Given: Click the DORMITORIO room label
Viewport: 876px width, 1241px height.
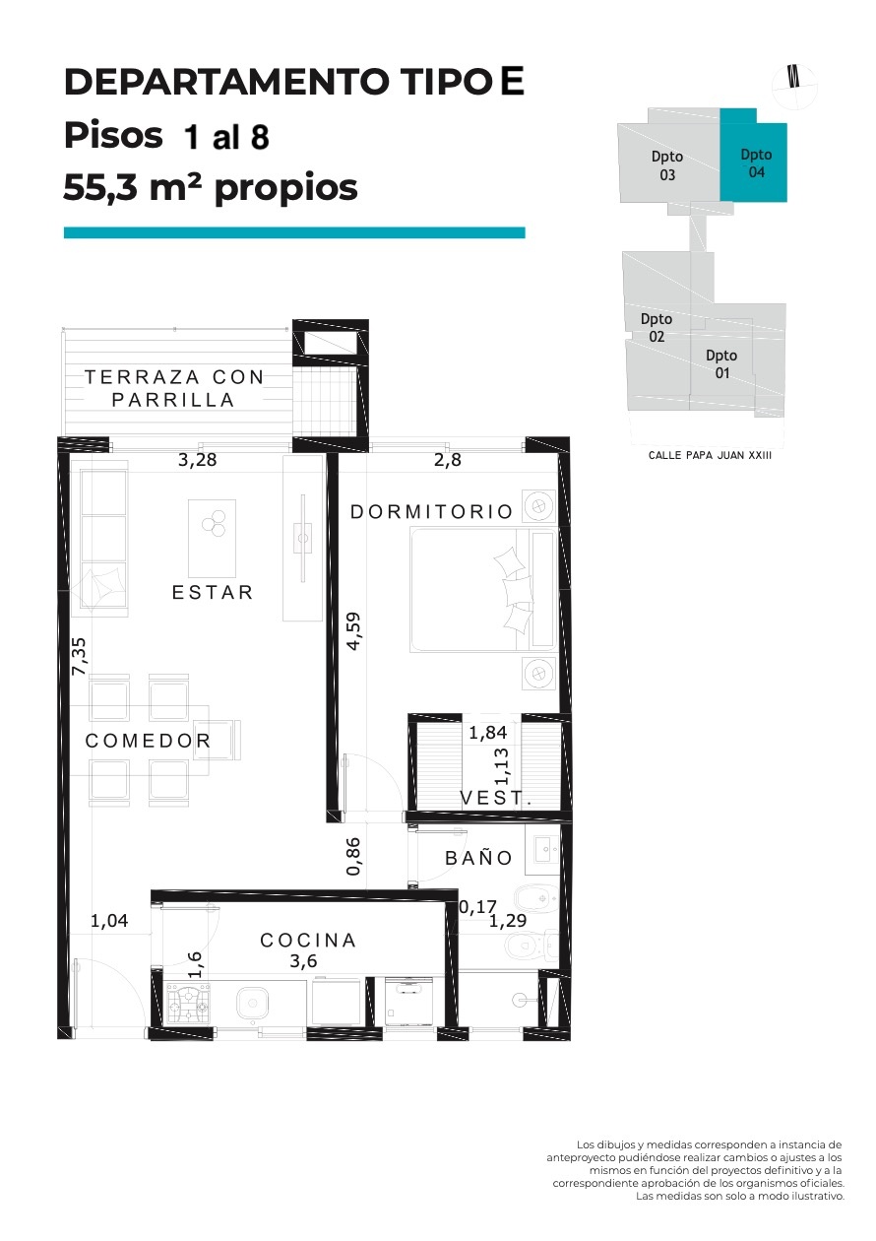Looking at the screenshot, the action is click(431, 511).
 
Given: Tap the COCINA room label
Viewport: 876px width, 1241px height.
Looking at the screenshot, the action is click(308, 940).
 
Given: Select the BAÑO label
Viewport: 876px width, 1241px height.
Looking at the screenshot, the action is click(479, 857).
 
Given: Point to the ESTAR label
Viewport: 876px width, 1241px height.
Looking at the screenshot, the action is click(212, 592).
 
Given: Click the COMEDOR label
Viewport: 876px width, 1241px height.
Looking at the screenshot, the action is click(148, 741).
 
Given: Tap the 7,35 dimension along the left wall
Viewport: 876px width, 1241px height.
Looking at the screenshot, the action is click(79, 656).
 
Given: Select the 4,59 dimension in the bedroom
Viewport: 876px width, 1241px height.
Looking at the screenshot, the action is click(352, 631).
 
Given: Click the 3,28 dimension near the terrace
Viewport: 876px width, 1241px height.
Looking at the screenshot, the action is click(197, 460).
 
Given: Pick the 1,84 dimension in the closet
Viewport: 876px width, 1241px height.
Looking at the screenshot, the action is click(488, 733).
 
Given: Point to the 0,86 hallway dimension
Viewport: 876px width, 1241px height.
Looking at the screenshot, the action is click(352, 856).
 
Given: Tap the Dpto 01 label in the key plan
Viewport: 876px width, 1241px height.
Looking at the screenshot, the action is click(720, 364).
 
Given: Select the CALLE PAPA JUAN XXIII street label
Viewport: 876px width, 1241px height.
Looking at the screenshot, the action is click(710, 455).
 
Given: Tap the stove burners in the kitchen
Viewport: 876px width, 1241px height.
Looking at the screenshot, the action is click(188, 1003).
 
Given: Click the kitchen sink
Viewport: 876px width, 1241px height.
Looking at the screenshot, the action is click(253, 1003).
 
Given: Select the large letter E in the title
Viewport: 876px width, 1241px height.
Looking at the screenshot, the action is click(512, 81).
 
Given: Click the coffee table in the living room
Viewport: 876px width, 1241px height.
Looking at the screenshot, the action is click(212, 539).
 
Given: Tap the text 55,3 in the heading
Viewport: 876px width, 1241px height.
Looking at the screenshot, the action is click(99, 187).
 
